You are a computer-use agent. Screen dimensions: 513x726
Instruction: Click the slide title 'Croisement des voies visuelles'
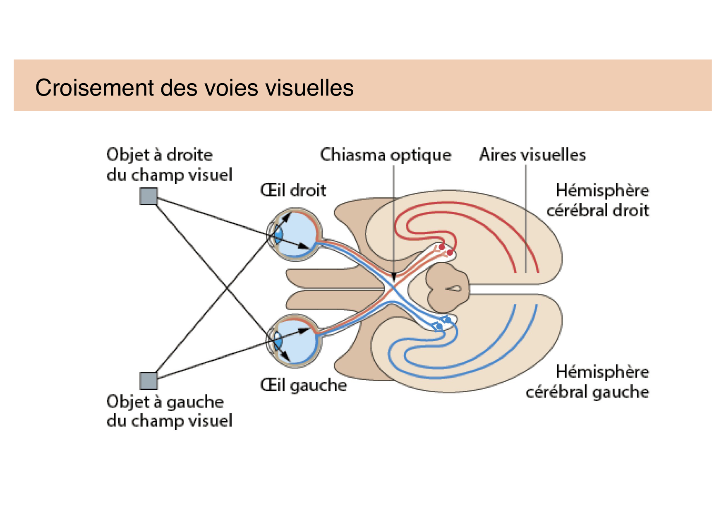[x=194, y=88]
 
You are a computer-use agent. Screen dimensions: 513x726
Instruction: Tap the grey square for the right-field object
[x=149, y=196]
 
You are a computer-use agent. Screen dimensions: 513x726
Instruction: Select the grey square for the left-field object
[x=149, y=381]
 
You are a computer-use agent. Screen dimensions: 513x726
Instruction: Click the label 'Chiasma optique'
[x=385, y=155]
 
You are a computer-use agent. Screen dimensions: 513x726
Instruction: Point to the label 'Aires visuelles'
[x=532, y=155]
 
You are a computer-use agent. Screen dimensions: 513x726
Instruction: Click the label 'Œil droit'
[x=293, y=191]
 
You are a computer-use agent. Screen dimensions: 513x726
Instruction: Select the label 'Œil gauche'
[x=303, y=385]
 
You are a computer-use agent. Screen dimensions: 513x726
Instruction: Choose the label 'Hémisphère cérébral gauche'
[x=587, y=382]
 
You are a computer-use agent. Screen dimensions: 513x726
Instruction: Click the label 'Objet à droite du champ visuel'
[x=169, y=165]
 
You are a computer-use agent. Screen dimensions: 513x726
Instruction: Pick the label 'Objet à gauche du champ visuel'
[x=169, y=411]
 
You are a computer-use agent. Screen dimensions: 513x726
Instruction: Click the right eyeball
[x=296, y=234]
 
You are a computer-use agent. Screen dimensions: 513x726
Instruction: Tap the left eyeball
[x=296, y=340]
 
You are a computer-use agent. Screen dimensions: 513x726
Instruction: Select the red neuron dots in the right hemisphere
[x=446, y=249]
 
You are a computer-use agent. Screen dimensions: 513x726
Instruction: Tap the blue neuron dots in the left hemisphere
[x=444, y=323]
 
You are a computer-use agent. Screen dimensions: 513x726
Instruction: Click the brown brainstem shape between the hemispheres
[x=448, y=288]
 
